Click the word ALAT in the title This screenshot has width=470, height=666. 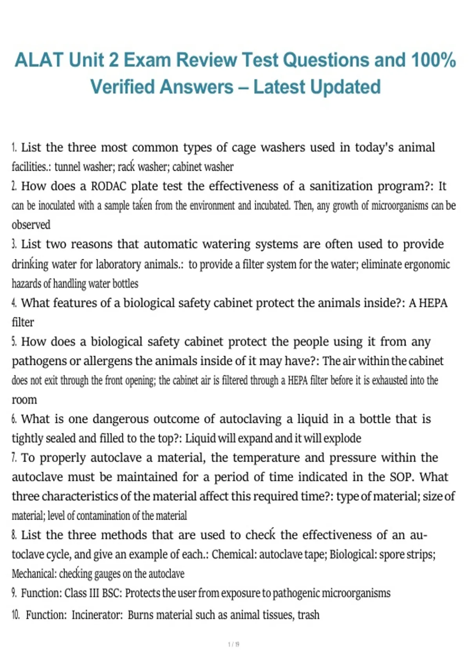(x=39, y=60)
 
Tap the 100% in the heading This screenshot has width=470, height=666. (x=433, y=60)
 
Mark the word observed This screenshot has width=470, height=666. (x=31, y=225)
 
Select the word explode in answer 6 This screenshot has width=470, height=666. (x=343, y=438)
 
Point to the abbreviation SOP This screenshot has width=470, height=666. (x=402, y=477)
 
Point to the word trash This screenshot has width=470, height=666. (x=308, y=615)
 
